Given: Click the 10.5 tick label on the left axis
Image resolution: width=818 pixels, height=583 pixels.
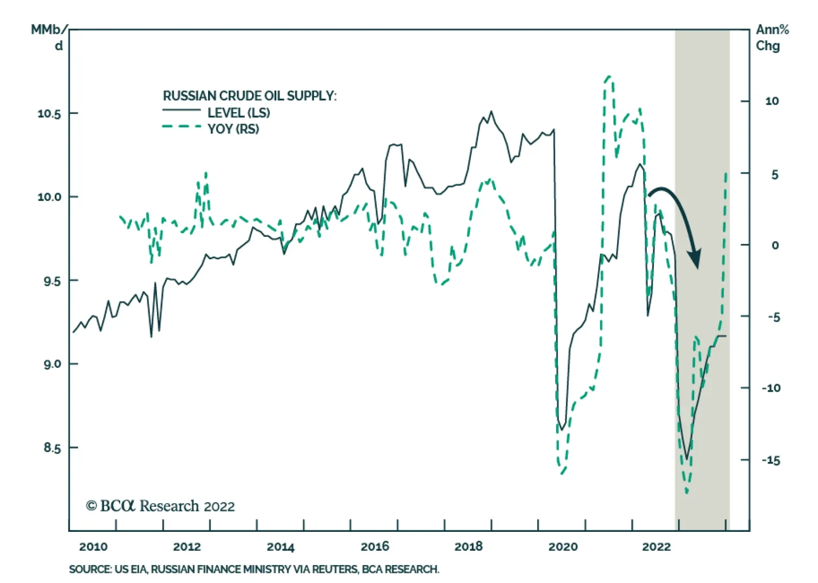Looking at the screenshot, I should (x=49, y=114).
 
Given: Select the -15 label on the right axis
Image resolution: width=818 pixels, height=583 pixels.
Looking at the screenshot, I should (x=771, y=460).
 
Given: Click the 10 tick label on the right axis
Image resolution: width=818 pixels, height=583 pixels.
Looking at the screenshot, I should (x=772, y=101).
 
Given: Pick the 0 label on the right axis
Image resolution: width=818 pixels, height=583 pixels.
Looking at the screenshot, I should (x=775, y=245).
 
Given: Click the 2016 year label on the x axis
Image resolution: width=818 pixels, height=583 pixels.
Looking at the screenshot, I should (x=375, y=547).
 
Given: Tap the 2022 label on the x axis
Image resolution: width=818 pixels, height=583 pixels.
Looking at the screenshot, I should (x=656, y=547).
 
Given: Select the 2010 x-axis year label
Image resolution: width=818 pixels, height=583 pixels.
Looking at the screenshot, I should (x=93, y=547).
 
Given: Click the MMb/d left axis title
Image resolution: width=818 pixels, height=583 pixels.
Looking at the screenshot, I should (x=49, y=37).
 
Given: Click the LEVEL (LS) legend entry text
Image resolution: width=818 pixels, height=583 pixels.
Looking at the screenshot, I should (x=238, y=113).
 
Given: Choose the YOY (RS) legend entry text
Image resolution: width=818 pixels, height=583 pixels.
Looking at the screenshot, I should (x=233, y=129).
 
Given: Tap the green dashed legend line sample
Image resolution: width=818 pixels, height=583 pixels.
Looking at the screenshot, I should (x=181, y=126).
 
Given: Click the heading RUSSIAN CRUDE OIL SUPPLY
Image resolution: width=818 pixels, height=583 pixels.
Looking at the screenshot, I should (x=249, y=96).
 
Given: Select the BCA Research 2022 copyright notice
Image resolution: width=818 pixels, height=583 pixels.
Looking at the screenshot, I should (x=161, y=506).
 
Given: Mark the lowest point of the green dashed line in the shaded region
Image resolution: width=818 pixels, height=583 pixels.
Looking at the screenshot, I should (x=687, y=492).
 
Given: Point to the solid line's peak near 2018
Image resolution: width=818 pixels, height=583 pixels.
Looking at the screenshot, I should (x=491, y=111).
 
